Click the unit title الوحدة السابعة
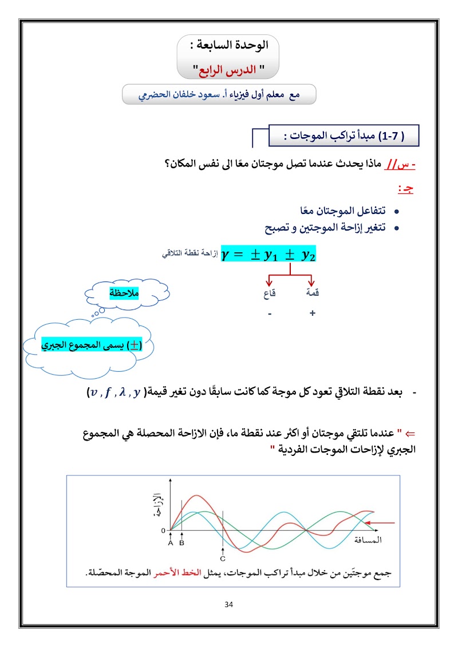coord(228,44)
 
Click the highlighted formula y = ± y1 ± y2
coord(269,255)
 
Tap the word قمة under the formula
coord(313,293)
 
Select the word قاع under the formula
coord(270,293)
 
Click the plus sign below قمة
coord(313,313)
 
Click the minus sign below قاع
coord(269,313)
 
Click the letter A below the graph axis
coord(171,543)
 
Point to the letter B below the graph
coord(182,543)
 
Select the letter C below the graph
coord(223,558)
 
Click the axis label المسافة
coord(367,539)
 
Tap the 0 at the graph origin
coord(163,530)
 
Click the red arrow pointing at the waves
coord(382,522)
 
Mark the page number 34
coord(229,605)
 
